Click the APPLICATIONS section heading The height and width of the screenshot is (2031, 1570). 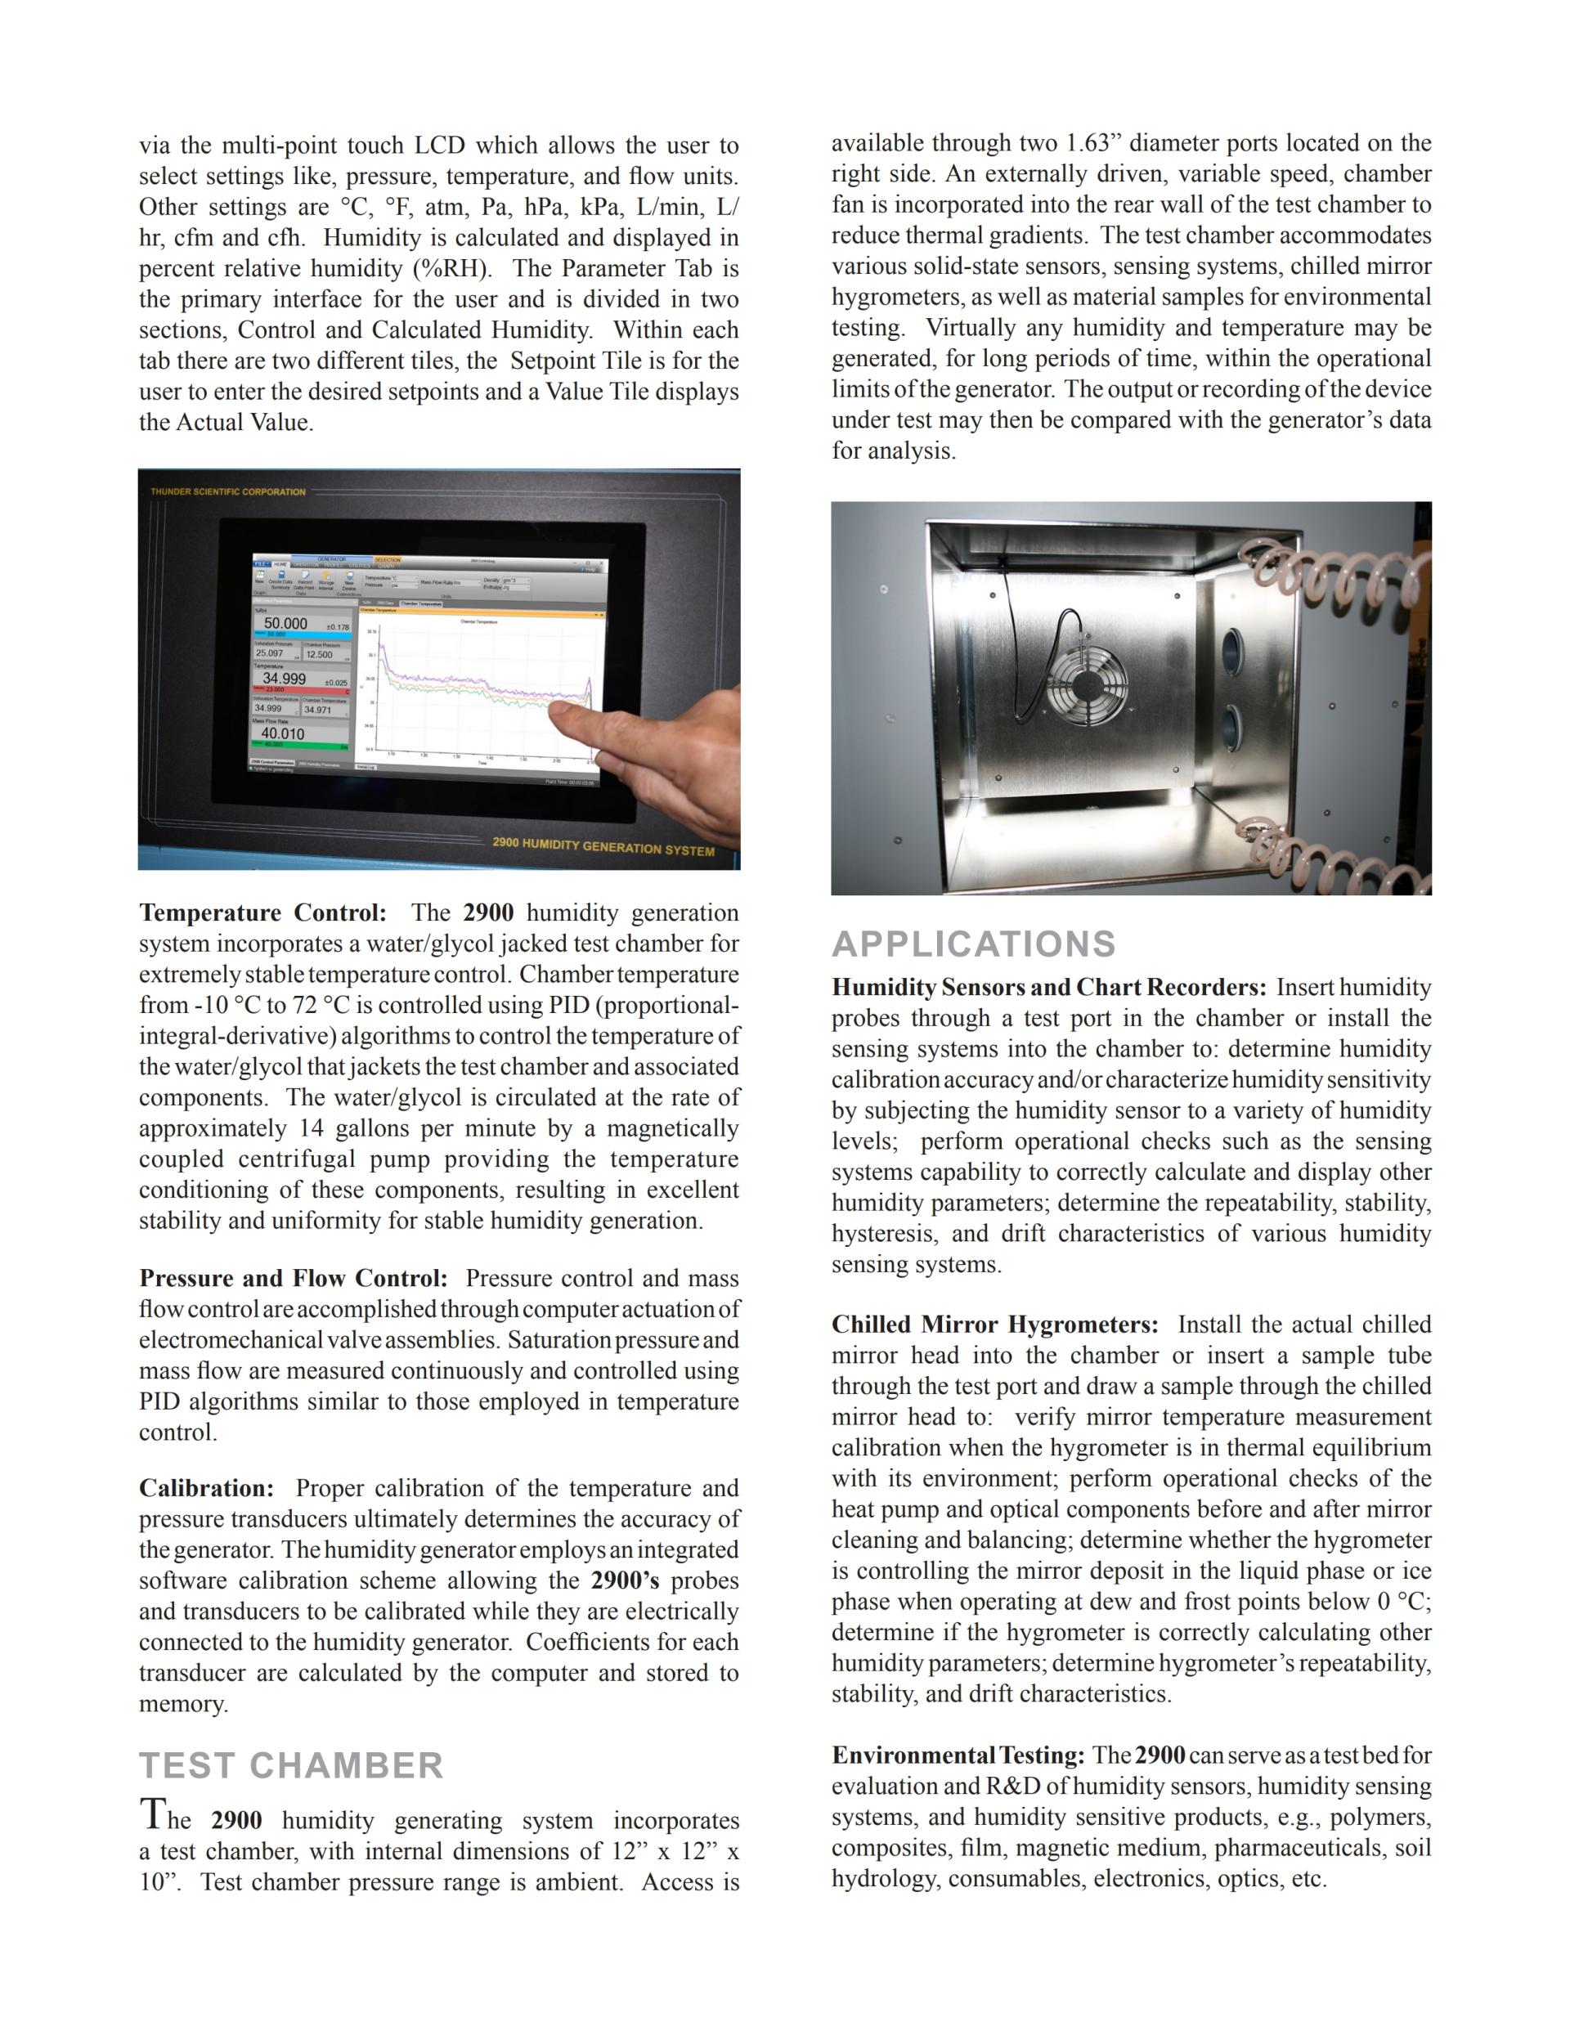click(973, 944)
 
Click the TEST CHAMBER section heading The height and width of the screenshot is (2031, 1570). click(291, 1766)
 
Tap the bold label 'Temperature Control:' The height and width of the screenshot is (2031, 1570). click(262, 912)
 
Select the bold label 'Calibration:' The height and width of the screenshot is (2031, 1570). click(207, 1488)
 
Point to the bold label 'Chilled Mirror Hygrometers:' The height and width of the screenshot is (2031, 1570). click(994, 1325)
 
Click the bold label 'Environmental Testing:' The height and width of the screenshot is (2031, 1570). click(958, 1755)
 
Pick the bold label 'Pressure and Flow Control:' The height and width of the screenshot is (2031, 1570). click(293, 1278)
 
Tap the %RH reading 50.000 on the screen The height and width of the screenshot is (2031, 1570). click(285, 623)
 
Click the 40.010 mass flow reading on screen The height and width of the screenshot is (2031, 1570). click(283, 733)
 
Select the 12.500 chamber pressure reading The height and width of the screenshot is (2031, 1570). click(319, 655)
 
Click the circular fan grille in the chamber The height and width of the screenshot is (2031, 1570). click(1085, 682)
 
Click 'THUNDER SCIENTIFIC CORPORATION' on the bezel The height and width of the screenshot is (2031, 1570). click(228, 491)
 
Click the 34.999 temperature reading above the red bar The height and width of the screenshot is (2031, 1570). click(284, 679)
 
